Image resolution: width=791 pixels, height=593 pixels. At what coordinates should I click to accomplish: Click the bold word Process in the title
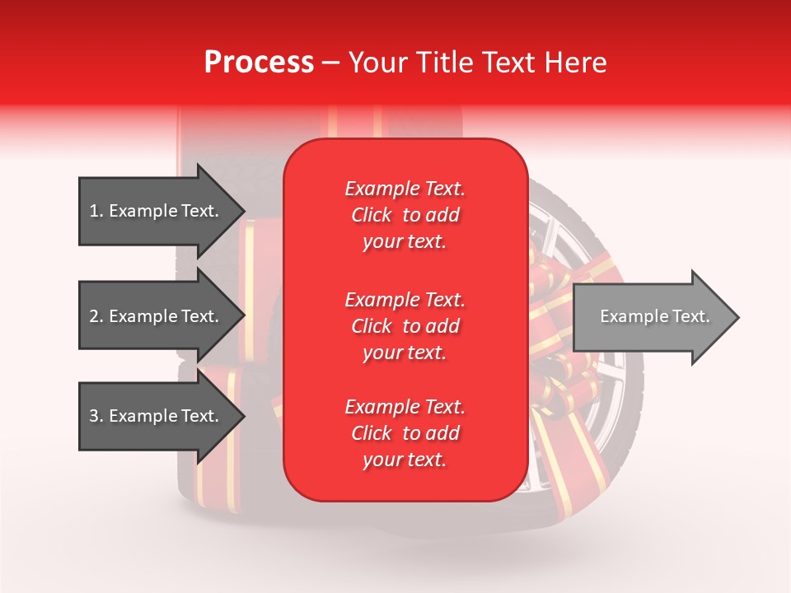[x=259, y=63]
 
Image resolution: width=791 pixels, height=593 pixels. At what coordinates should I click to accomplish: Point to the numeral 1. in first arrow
[x=96, y=211]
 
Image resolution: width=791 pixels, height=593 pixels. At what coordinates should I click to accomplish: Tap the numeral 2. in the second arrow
[x=96, y=316]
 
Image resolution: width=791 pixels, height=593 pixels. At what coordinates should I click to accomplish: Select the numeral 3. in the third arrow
[x=96, y=416]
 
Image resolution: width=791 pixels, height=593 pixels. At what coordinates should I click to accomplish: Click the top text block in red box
[x=405, y=215]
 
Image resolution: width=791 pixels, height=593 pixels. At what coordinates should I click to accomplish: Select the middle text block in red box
[x=405, y=326]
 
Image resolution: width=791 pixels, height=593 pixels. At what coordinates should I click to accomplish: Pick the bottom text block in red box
[x=405, y=433]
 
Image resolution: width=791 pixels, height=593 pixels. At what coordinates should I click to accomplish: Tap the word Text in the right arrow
[x=691, y=316]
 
